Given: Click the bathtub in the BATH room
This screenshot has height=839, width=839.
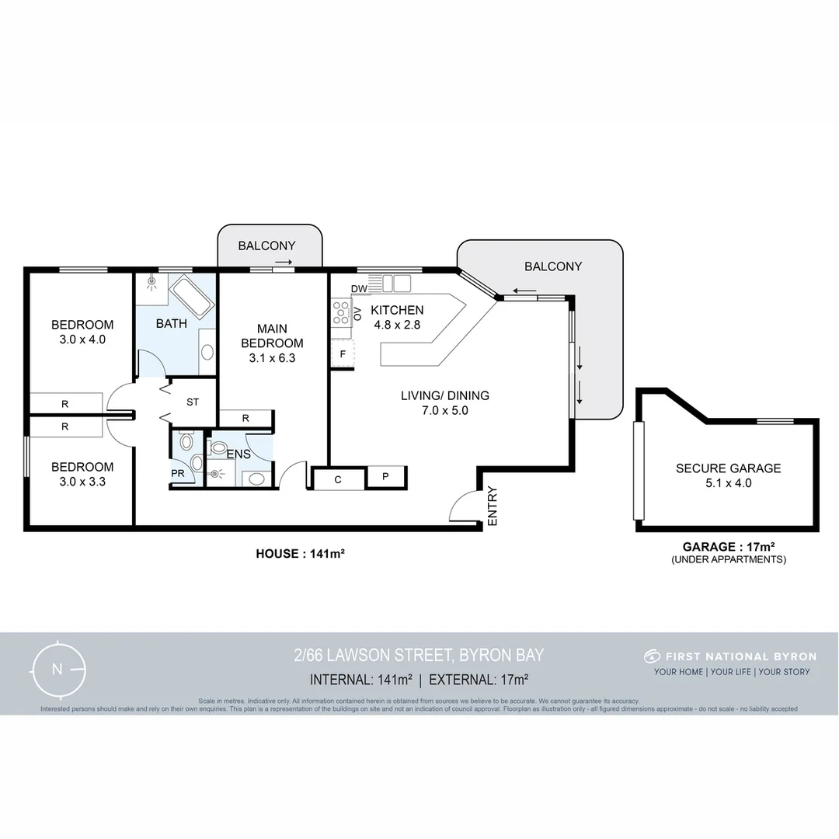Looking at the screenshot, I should pos(193,297).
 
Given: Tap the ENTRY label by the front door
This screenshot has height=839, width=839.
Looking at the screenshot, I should pos(491,507).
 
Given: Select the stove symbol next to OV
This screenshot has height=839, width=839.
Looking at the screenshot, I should pos(341,312).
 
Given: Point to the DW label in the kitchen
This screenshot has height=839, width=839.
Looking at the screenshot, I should pos(359,289).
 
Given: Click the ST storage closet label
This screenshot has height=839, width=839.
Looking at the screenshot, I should pos(193,402).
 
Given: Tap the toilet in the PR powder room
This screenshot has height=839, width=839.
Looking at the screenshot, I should pos(186,443).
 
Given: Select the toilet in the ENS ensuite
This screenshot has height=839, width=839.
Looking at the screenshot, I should pos(219,448).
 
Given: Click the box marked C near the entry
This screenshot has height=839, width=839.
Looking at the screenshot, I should pos(338,479).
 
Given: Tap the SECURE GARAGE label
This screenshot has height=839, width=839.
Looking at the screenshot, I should pos(728,468).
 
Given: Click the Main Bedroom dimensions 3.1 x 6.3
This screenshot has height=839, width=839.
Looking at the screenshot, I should pos(272,358).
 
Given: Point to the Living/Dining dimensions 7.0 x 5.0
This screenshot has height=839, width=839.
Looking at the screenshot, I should pos(444,411).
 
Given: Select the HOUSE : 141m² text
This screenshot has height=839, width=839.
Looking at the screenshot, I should pos(300,554).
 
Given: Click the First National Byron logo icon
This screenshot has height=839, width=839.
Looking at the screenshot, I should pos(653,656).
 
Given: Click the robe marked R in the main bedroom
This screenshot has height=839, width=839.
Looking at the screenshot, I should pos(245,419).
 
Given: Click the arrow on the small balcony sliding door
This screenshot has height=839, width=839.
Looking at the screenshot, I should pos(284,263).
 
